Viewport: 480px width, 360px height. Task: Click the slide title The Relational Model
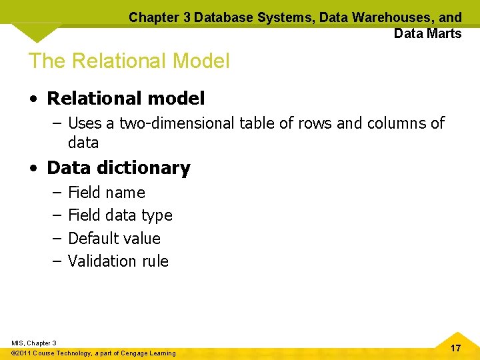(x=129, y=61)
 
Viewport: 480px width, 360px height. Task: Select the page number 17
(x=455, y=349)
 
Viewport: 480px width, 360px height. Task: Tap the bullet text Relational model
(x=125, y=99)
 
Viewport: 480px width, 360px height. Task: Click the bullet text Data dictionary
(x=118, y=168)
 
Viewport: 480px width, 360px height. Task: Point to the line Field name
(x=107, y=193)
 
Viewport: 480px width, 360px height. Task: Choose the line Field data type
(x=120, y=215)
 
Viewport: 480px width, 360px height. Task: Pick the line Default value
(x=114, y=238)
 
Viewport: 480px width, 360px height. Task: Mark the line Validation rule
(x=118, y=261)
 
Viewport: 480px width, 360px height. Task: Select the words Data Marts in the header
(x=427, y=33)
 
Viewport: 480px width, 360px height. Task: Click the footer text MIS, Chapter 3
(x=34, y=343)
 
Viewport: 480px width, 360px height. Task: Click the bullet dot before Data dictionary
(x=33, y=169)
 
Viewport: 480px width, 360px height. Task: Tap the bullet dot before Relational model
(x=33, y=99)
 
